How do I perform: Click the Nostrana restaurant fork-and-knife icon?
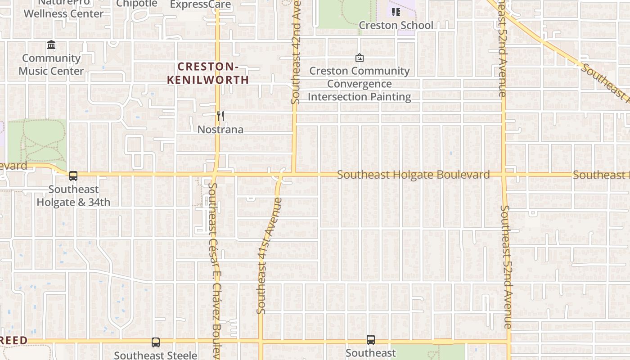coord(220,117)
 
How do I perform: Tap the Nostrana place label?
coord(220,130)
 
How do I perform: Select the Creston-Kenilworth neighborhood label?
coord(207,73)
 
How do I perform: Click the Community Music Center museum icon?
coord(51,45)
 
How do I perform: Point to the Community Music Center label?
coord(51,64)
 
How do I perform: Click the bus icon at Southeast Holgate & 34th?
coord(73,176)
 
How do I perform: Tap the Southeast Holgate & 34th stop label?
coord(73,196)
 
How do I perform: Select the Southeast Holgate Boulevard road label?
coord(413,175)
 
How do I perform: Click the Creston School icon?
coord(396,12)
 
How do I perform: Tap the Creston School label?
coord(396,25)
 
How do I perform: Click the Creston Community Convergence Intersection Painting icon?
coord(359,58)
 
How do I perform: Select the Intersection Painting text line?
coord(359,97)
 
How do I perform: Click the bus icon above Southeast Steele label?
coord(156,342)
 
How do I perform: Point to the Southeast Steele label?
coord(156,355)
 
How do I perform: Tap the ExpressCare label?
coord(201,5)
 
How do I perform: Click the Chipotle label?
coord(137,4)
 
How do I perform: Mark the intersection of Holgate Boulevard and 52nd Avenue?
coord(504,175)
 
